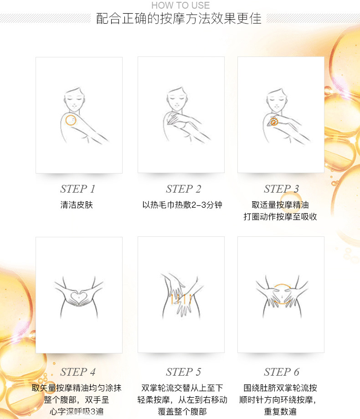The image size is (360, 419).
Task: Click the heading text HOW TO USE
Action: pyautogui.click(x=180, y=5)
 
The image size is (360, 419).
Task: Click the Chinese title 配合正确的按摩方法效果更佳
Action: pyautogui.click(x=179, y=18)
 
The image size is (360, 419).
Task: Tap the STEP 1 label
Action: pyautogui.click(x=77, y=189)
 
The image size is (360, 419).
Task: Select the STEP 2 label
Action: pyautogui.click(x=183, y=189)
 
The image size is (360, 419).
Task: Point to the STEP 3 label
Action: pyautogui.click(x=281, y=189)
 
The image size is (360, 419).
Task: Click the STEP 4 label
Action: pyautogui.click(x=77, y=372)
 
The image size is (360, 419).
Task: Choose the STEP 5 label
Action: pyautogui.click(x=183, y=372)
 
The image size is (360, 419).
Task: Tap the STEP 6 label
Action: pyautogui.click(x=281, y=372)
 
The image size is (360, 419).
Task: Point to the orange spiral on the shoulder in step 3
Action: pyautogui.click(x=274, y=122)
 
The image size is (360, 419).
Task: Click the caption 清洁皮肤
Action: pyautogui.click(x=77, y=205)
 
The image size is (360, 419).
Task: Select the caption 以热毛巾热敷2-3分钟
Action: pyautogui.click(x=182, y=205)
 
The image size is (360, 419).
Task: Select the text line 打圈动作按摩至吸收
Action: pyautogui.click(x=280, y=216)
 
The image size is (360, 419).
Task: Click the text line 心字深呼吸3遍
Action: pyautogui.click(x=77, y=412)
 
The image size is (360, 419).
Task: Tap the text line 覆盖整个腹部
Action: pyautogui.click(x=182, y=412)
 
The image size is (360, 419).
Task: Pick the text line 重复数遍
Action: pyautogui.click(x=280, y=412)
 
